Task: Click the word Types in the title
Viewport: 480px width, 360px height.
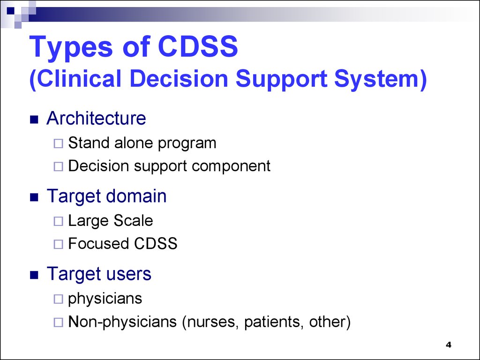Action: tap(71, 48)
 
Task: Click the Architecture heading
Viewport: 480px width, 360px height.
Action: tap(96, 119)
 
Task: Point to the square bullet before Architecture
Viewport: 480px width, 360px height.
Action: tap(34, 120)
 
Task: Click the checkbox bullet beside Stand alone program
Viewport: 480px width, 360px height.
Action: tap(58, 144)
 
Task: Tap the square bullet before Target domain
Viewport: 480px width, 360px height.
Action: tap(34, 198)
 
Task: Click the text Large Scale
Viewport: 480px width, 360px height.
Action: tap(111, 220)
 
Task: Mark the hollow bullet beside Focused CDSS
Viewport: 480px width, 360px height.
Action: tap(58, 244)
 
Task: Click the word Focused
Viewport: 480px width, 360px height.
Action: tap(98, 244)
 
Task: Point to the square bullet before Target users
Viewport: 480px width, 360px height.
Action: tap(34, 276)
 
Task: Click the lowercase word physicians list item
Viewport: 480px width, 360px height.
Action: tap(105, 299)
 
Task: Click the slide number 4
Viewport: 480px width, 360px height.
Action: tap(448, 345)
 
